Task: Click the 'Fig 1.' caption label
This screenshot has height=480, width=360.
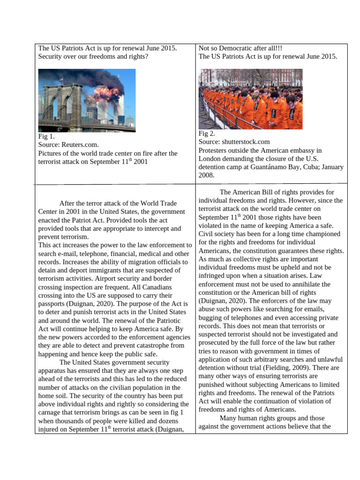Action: tap(46, 136)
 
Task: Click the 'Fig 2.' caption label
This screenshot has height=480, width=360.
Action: tap(207, 134)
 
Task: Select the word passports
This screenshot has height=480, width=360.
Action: tap(52, 304)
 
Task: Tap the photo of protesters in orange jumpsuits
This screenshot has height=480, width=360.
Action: tap(250, 99)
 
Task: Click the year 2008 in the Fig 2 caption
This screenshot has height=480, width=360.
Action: tap(206, 175)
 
